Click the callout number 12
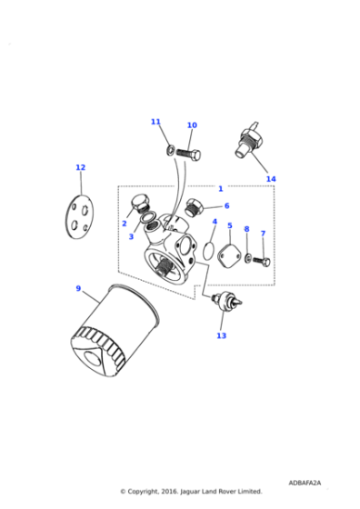click(80, 167)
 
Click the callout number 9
click(78, 289)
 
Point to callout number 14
click(270, 179)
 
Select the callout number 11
click(155, 122)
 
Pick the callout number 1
click(220, 189)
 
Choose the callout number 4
click(215, 222)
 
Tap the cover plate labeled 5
click(229, 253)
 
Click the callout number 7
click(263, 234)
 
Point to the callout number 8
click(245, 230)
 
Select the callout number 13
click(221, 335)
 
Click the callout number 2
click(125, 224)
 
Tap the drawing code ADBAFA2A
click(305, 483)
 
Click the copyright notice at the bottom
click(191, 492)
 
